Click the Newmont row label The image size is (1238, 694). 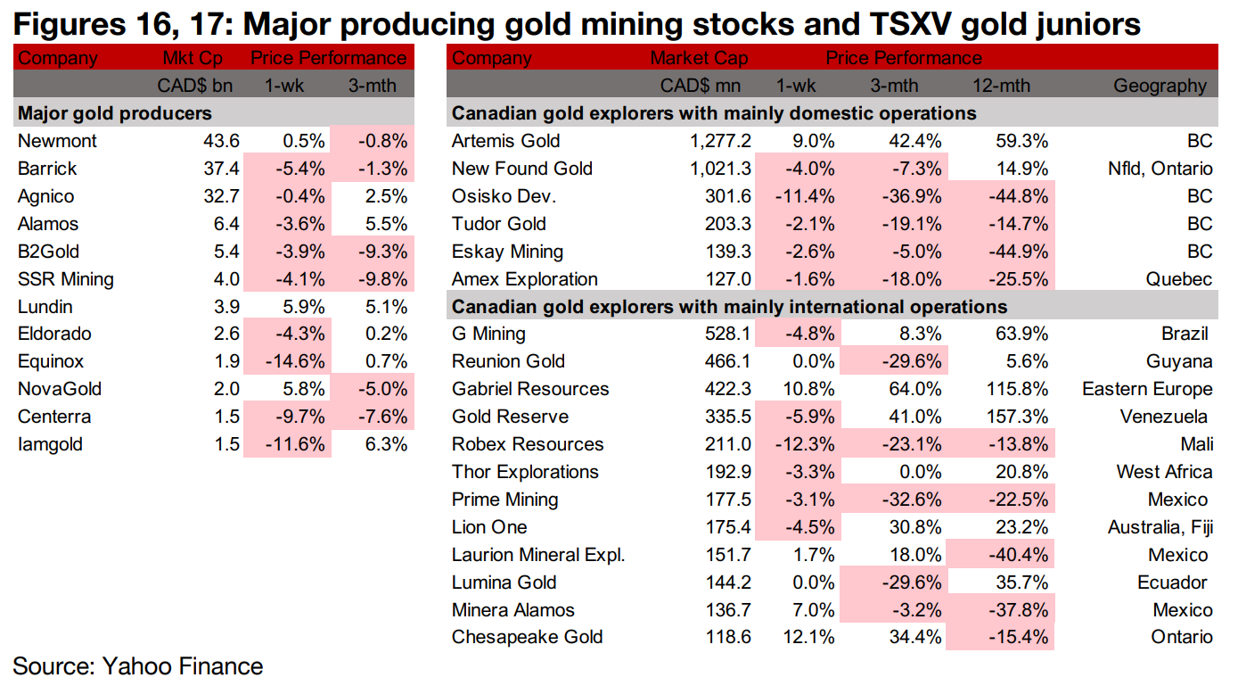(x=57, y=141)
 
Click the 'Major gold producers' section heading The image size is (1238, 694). (x=114, y=113)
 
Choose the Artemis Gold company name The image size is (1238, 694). (x=505, y=141)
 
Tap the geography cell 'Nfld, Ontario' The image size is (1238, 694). (x=1156, y=169)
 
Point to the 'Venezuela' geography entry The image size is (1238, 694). (x=1164, y=417)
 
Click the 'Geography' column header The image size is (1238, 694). (x=1160, y=87)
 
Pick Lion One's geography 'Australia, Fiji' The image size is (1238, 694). (x=1160, y=527)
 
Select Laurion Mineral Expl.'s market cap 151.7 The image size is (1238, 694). (x=726, y=555)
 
